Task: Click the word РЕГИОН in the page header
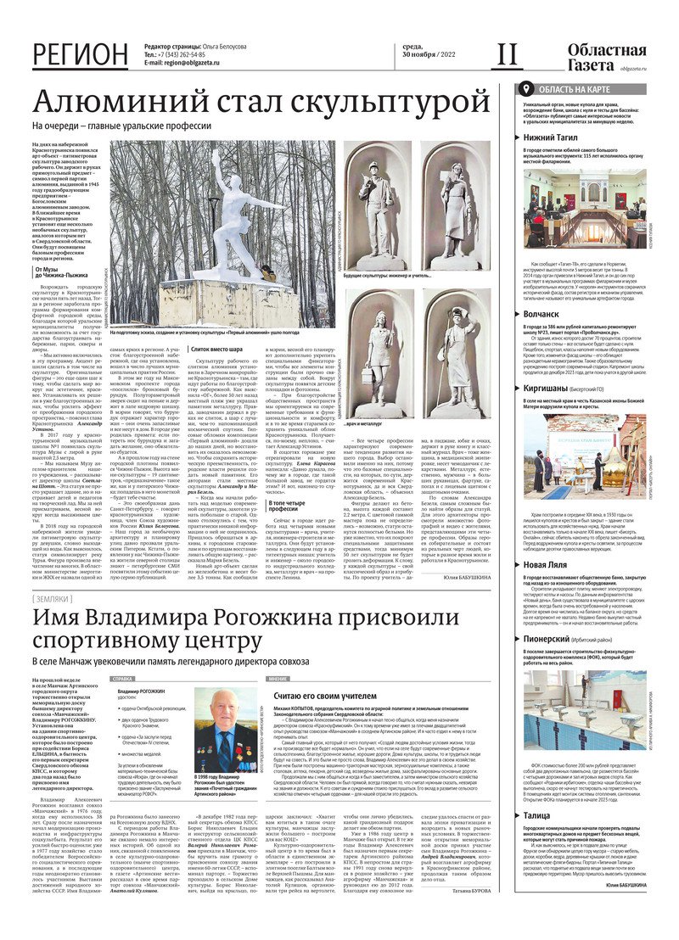pyautogui.click(x=81, y=54)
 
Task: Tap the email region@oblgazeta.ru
pyautogui.click(x=182, y=63)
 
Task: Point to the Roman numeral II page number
pyautogui.click(x=506, y=54)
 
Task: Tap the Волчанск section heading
pyautogui.click(x=547, y=313)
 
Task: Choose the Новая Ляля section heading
pyautogui.click(x=552, y=564)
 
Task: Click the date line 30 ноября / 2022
pyautogui.click(x=432, y=54)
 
